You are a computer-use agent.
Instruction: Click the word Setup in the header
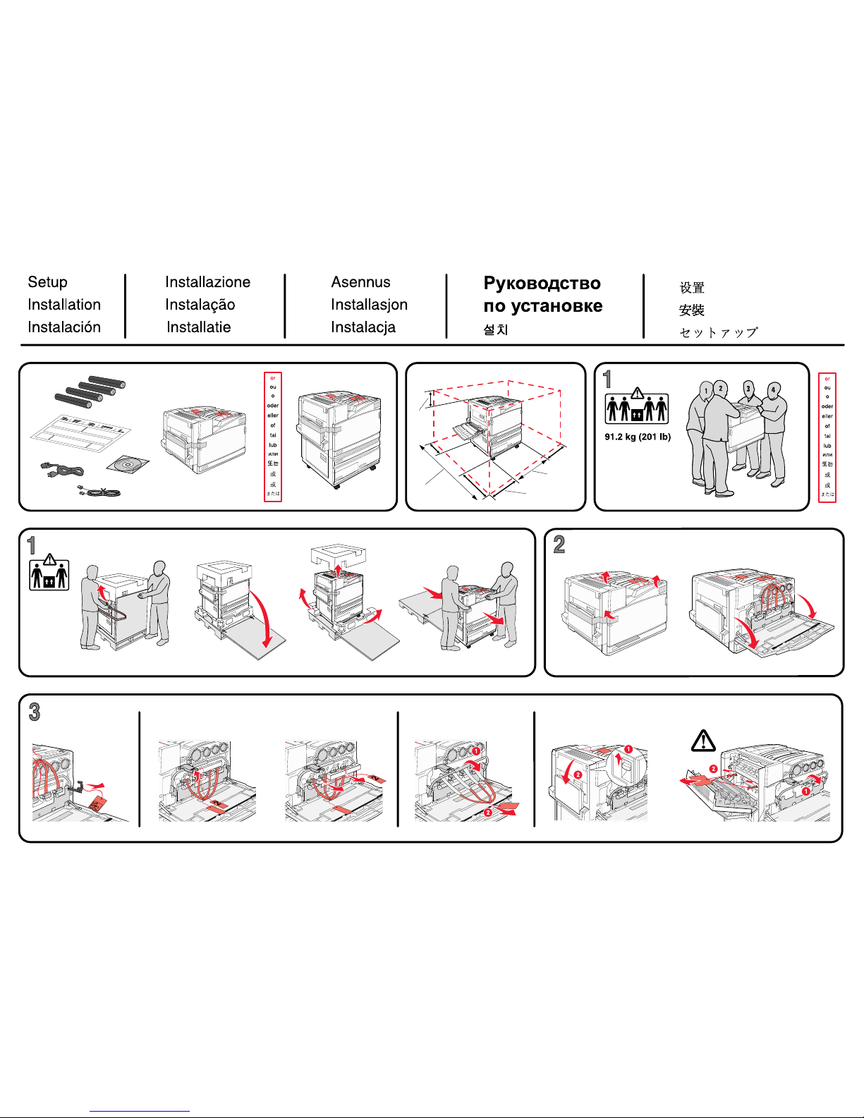(x=47, y=282)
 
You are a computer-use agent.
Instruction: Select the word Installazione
(x=207, y=282)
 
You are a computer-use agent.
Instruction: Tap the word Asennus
(x=360, y=282)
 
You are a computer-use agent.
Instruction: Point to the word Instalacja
(x=363, y=327)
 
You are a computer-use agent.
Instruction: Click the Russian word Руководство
(x=542, y=284)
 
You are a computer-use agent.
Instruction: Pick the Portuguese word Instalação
(x=200, y=305)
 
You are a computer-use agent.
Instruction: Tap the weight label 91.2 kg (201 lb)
(x=638, y=437)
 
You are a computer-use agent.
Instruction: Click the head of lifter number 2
(x=720, y=388)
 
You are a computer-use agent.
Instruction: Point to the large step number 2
(x=559, y=545)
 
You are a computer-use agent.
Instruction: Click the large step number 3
(x=35, y=712)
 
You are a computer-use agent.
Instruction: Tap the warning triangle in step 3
(x=703, y=741)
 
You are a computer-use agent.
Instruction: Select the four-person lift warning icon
(x=636, y=406)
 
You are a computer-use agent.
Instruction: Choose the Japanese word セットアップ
(x=718, y=332)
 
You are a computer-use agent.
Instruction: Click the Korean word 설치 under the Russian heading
(x=496, y=329)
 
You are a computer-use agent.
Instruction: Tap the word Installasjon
(x=369, y=305)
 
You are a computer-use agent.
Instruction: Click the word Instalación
(x=64, y=327)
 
